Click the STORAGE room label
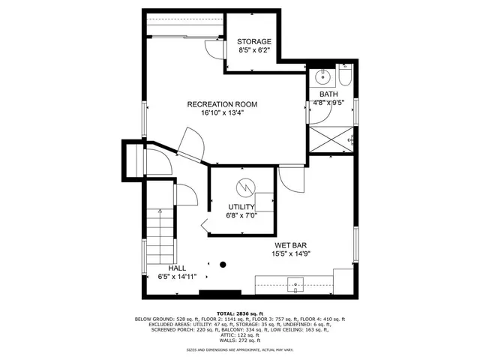click(253, 41)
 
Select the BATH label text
click(328, 94)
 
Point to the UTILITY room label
click(241, 206)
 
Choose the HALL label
click(177, 268)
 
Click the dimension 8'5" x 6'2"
click(253, 51)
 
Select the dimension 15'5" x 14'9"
click(290, 254)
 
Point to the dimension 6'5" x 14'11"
click(177, 277)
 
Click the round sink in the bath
click(324, 76)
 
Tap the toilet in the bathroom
click(345, 76)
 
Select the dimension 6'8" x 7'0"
click(241, 215)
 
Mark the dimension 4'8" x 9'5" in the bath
click(328, 103)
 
